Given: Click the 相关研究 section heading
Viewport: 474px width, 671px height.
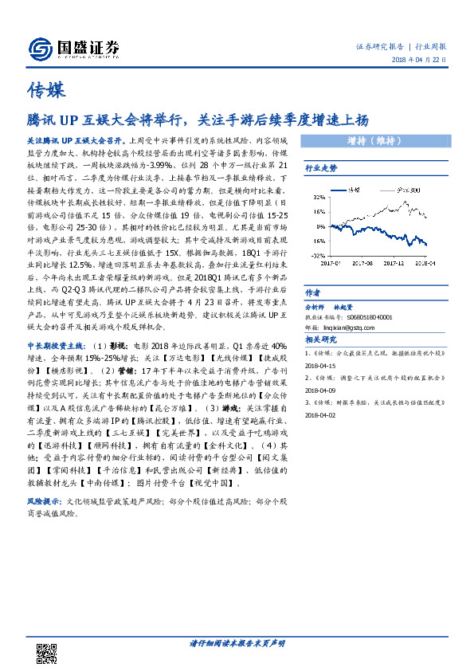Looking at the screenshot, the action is (x=322, y=338).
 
